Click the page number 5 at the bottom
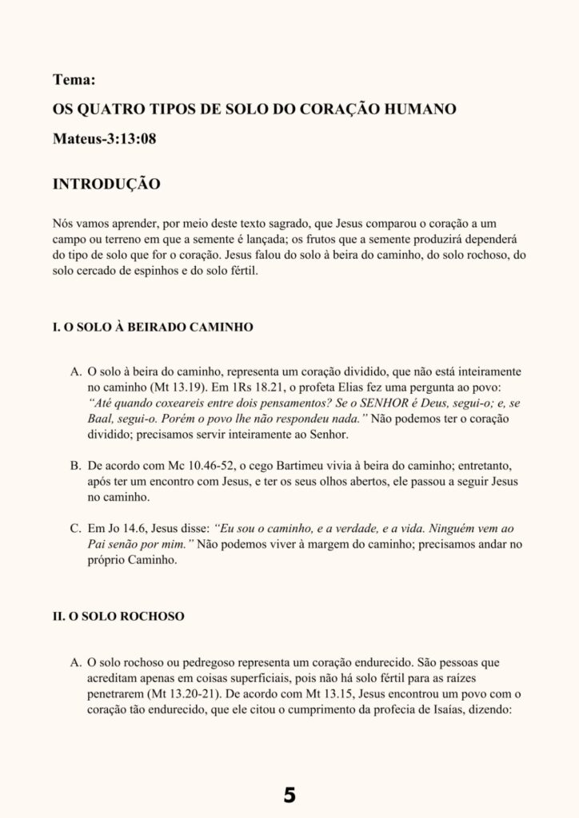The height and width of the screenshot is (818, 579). click(x=289, y=794)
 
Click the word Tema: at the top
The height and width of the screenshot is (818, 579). click(x=74, y=80)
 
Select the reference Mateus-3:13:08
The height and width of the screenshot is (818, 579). click(x=104, y=138)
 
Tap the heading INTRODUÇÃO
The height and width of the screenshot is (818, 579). click(x=106, y=185)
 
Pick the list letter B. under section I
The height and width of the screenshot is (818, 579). click(x=76, y=464)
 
